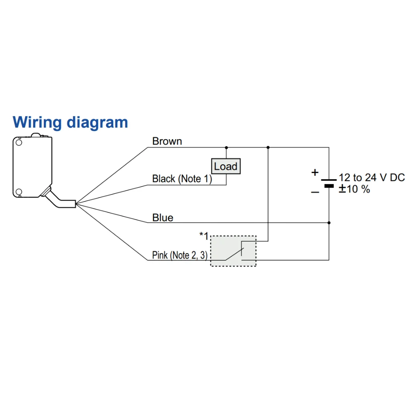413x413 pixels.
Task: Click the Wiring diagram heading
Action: (x=70, y=122)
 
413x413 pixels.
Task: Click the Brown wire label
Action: (x=167, y=141)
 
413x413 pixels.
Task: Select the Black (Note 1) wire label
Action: (x=182, y=179)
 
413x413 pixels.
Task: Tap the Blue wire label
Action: (x=163, y=218)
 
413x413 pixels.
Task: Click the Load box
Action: (x=225, y=166)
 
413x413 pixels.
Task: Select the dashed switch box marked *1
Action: (x=233, y=251)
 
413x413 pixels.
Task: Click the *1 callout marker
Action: (x=204, y=236)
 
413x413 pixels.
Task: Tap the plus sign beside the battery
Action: (x=315, y=172)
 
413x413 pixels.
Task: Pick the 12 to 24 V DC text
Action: (x=372, y=178)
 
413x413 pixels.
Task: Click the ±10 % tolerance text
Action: (x=354, y=190)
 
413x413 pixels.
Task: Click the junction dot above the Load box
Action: (x=226, y=147)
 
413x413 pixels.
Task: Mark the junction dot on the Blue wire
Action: (x=329, y=223)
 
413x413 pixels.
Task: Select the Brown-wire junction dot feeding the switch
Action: (x=268, y=147)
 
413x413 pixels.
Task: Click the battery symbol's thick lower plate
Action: (x=329, y=186)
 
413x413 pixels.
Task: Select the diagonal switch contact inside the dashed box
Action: (x=235, y=254)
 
